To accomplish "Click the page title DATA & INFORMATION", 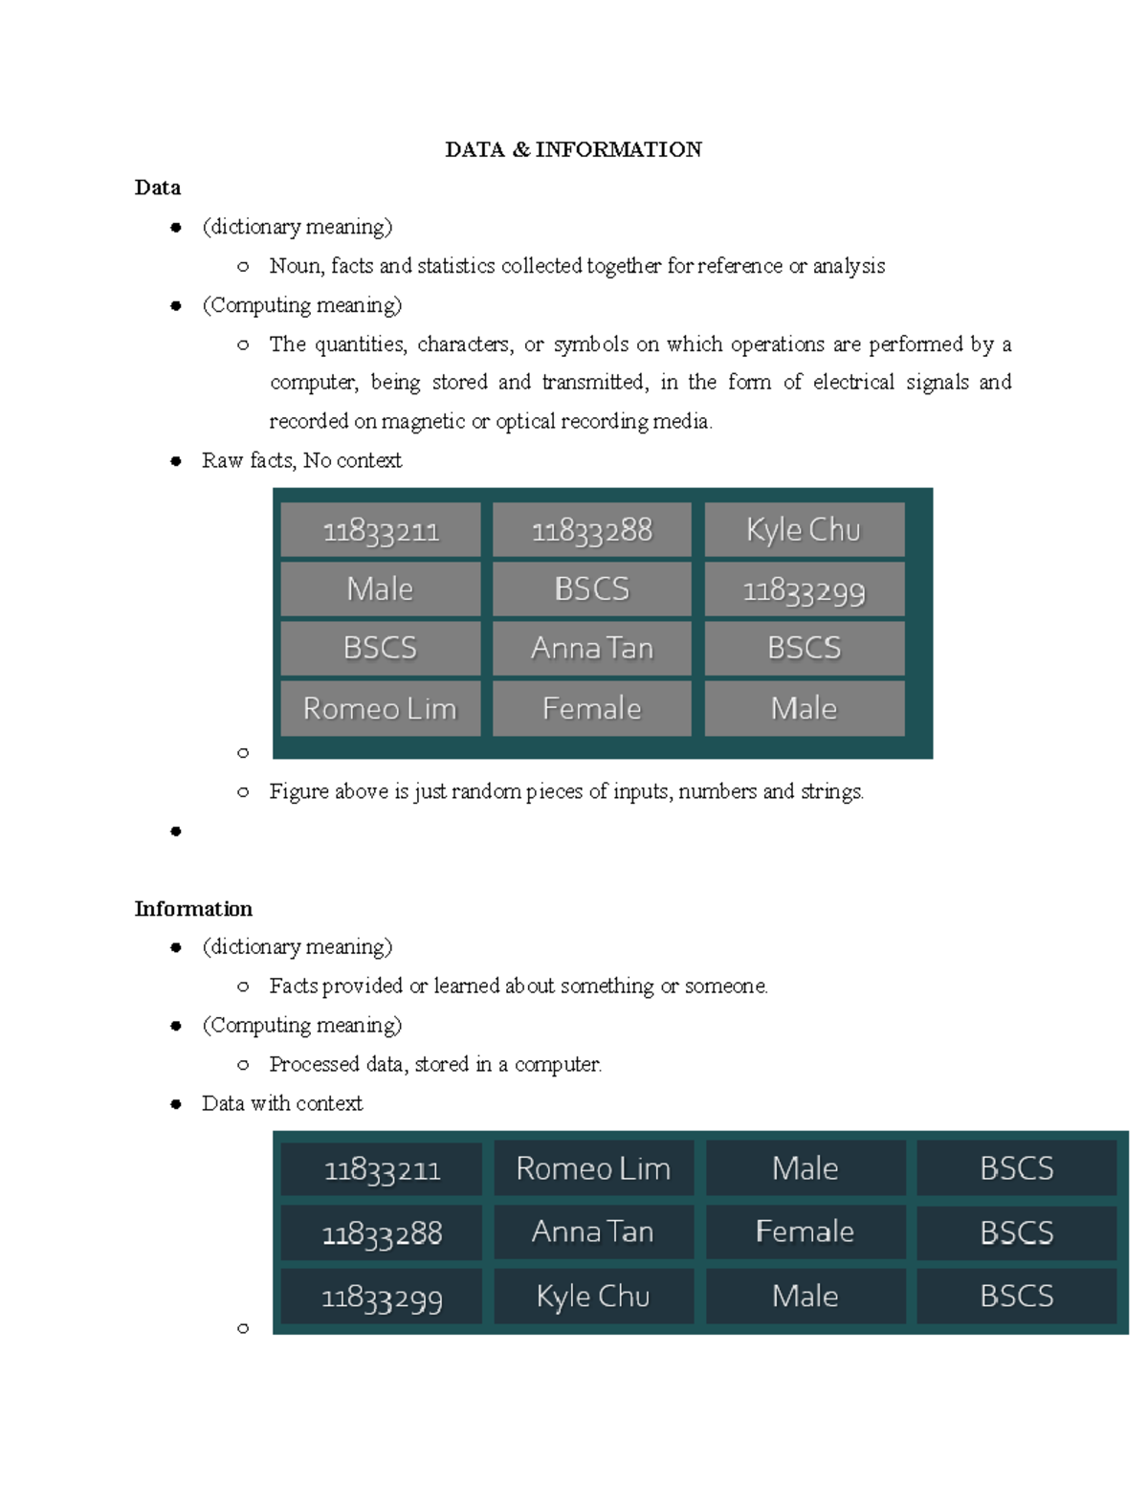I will (573, 149).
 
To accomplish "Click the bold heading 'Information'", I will (193, 908).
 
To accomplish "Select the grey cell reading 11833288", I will (591, 530).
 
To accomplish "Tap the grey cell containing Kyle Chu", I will (804, 530).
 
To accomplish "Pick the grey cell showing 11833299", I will (804, 589).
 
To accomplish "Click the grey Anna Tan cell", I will (591, 649).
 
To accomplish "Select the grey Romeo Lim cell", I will (380, 708).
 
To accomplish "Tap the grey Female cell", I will (591, 708).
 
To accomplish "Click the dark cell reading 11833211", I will (382, 1169).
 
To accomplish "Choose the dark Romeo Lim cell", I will (593, 1168).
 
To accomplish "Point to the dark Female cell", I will (805, 1231).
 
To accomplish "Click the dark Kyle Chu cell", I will (593, 1297).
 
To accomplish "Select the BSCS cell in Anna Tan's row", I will (1016, 1232).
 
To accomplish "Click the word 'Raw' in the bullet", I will (222, 460).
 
